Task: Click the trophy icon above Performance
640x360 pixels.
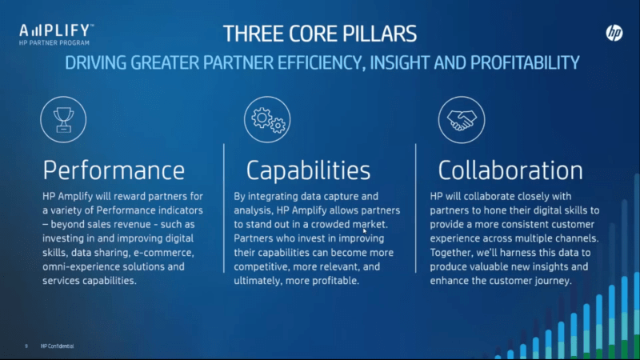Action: (x=63, y=119)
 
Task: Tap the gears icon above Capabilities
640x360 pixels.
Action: (x=267, y=119)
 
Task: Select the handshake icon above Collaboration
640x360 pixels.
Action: (x=462, y=119)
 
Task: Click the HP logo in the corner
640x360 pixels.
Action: (x=614, y=33)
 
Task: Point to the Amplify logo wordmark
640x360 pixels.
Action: (x=56, y=31)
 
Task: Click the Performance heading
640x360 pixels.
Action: (x=114, y=170)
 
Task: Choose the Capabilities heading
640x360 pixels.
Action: (x=308, y=170)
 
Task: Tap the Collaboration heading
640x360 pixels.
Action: (x=510, y=170)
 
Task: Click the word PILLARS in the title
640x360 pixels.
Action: (x=379, y=34)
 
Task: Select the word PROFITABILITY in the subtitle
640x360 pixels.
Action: (x=525, y=63)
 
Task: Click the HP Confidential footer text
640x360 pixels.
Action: (x=57, y=346)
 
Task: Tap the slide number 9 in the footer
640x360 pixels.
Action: (x=26, y=346)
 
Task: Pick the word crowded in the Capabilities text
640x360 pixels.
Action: (x=330, y=225)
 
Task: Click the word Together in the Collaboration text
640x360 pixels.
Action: (x=451, y=253)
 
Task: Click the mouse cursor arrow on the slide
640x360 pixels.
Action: (x=365, y=231)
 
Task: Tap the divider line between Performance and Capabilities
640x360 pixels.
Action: (x=224, y=208)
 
